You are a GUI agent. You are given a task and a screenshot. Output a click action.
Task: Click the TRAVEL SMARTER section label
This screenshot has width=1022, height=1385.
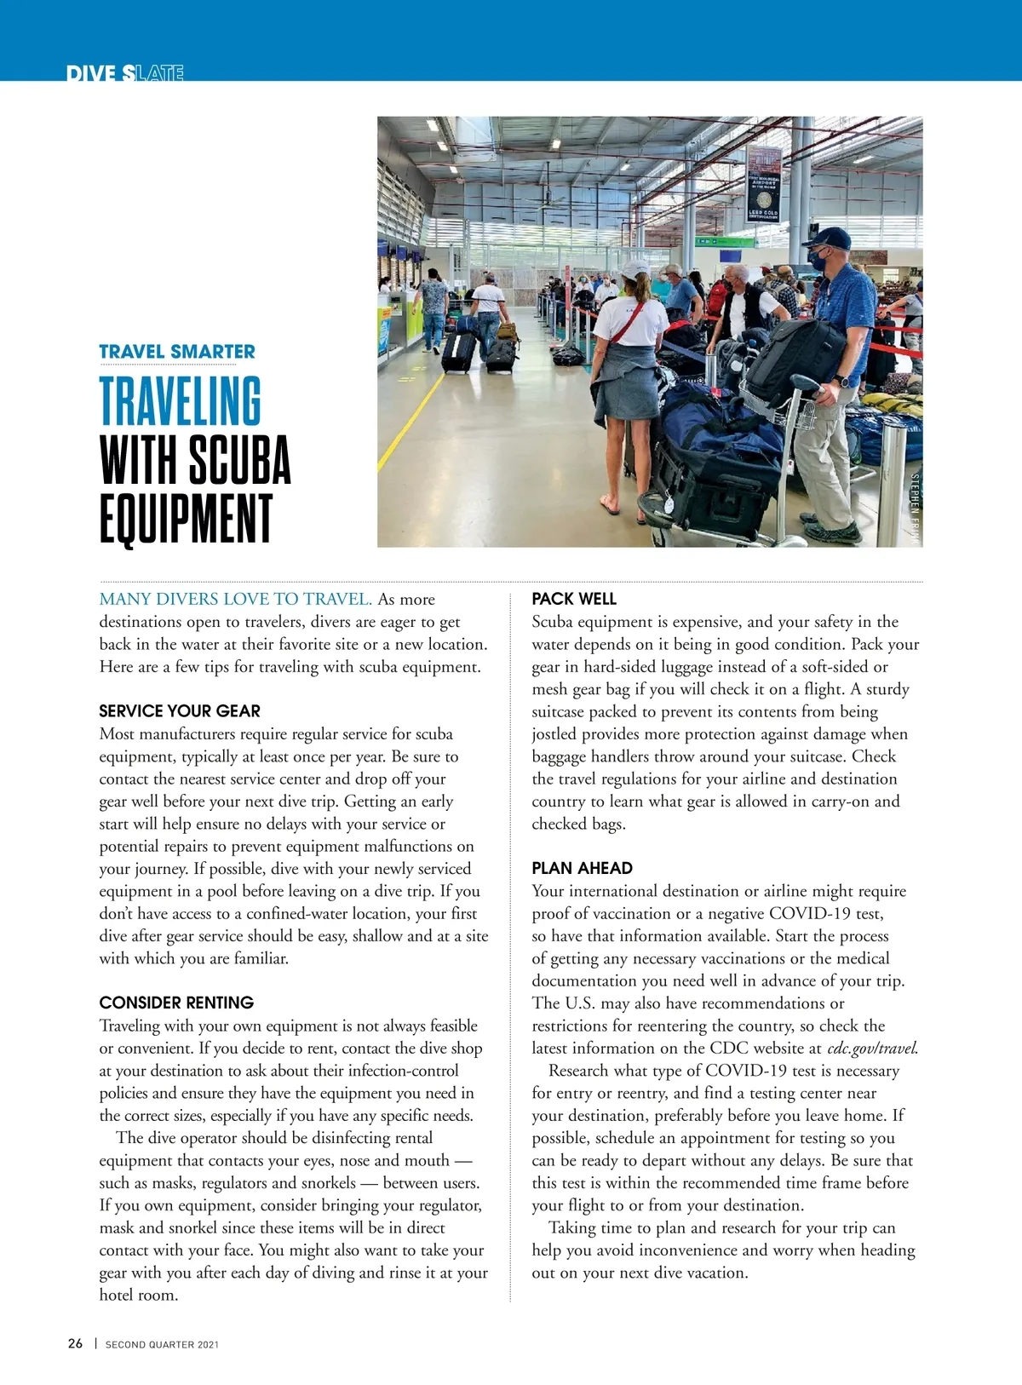tap(177, 352)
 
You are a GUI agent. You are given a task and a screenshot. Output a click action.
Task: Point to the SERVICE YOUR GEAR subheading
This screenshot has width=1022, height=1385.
tap(180, 711)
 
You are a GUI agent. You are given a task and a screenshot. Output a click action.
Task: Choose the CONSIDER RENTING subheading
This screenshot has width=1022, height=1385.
tap(176, 1003)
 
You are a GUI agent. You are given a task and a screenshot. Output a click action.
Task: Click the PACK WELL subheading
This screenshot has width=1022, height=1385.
tap(574, 599)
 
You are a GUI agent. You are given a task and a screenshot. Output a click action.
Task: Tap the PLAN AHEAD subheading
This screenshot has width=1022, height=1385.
tap(582, 868)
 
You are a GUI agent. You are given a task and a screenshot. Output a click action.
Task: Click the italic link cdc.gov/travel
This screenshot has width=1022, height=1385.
tap(872, 1049)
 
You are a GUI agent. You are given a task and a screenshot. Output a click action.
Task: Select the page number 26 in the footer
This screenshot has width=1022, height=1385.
tap(76, 1343)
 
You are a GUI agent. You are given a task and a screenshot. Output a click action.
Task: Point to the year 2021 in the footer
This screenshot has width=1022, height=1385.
tap(208, 1345)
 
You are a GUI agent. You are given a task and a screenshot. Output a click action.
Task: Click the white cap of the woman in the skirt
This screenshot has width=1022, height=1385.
tap(634, 270)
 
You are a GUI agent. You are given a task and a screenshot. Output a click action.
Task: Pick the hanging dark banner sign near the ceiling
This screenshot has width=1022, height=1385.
tap(763, 183)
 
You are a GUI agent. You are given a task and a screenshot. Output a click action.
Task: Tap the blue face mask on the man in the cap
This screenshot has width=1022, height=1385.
tap(819, 260)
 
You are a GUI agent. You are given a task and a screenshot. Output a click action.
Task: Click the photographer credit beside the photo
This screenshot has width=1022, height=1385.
tap(916, 508)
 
